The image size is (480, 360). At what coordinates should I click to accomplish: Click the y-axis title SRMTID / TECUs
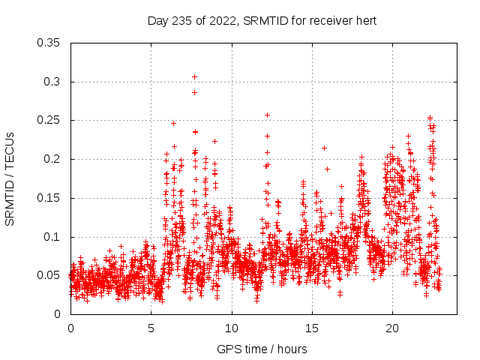pyautogui.click(x=10, y=178)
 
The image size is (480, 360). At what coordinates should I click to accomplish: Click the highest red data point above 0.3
pyautogui.click(x=194, y=76)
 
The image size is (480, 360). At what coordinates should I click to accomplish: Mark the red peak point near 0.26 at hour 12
pyautogui.click(x=267, y=115)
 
